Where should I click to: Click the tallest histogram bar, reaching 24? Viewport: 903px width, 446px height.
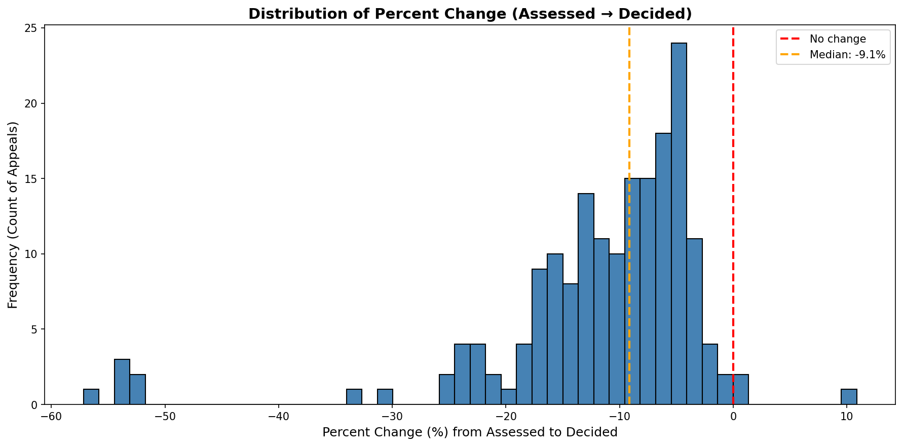pyautogui.click(x=679, y=224)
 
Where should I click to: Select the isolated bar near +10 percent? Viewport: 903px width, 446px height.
pyautogui.click(x=849, y=397)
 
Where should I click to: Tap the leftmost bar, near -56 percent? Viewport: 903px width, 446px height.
pyautogui.click(x=91, y=397)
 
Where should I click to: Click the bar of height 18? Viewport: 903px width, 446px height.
pyautogui.click(x=663, y=269)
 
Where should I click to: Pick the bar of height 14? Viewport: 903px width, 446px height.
pyautogui.click(x=586, y=299)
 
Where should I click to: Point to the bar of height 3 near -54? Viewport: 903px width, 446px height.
pyautogui.click(x=122, y=382)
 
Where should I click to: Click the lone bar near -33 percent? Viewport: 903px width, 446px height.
pyautogui.click(x=354, y=397)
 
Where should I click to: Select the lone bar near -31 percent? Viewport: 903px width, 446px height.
pyautogui.click(x=385, y=397)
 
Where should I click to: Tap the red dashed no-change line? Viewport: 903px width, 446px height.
pyautogui.click(x=733, y=152)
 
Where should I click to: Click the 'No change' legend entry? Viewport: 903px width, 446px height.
pyautogui.click(x=837, y=39)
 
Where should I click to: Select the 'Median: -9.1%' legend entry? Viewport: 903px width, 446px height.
pyautogui.click(x=847, y=55)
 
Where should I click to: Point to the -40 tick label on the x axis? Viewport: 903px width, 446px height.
pyautogui.click(x=278, y=417)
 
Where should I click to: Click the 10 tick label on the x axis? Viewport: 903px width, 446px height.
pyautogui.click(x=846, y=417)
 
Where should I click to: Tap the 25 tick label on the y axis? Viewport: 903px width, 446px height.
pyautogui.click(x=31, y=28)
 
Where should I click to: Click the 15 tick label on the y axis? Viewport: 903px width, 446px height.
pyautogui.click(x=31, y=179)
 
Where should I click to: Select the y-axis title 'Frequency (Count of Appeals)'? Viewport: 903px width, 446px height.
pyautogui.click(x=13, y=215)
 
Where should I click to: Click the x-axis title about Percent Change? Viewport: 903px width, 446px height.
pyautogui.click(x=470, y=432)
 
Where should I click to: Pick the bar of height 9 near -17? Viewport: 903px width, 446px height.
pyautogui.click(x=540, y=337)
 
